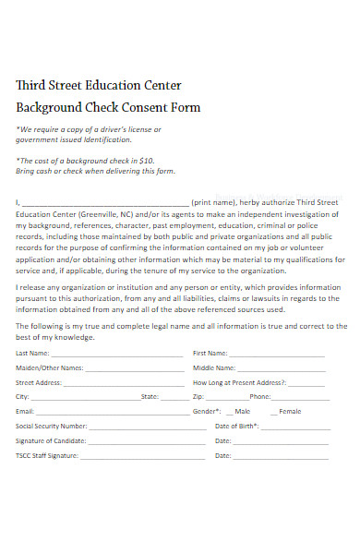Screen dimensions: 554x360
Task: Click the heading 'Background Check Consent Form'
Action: [108, 108]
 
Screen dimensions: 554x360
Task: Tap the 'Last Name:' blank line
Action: [117, 355]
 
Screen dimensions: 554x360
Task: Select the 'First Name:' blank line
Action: [277, 355]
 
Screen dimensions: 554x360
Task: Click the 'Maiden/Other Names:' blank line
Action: [134, 368]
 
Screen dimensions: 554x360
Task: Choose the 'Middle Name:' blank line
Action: [282, 368]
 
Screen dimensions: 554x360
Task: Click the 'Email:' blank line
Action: [111, 412]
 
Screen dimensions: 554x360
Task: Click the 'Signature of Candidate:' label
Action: [47, 441]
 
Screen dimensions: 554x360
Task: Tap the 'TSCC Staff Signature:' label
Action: [44, 456]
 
